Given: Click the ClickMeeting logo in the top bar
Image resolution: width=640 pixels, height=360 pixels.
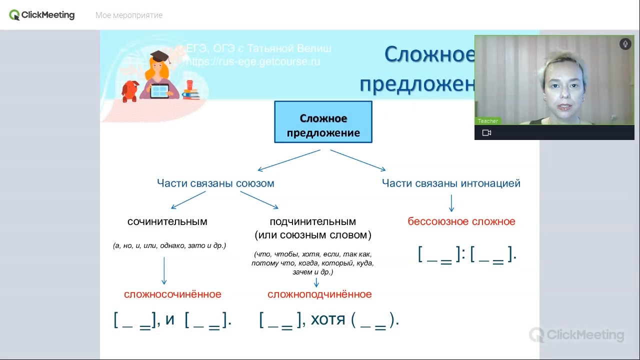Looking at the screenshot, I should pos(42,15).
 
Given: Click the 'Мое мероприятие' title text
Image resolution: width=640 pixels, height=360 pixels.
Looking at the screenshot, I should pos(129,15).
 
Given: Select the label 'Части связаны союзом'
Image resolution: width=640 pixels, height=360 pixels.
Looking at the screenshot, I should pos(215,183).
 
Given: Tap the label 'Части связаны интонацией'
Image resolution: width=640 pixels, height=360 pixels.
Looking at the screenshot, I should pos(451,183).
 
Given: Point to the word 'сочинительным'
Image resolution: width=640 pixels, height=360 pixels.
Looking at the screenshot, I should pos(167,221).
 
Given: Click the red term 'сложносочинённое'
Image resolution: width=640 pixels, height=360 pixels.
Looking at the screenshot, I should pos(172,294).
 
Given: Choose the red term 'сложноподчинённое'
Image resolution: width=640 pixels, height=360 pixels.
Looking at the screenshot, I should pos(319,294).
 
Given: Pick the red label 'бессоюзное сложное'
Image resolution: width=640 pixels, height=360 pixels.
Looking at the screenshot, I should pos(461,221).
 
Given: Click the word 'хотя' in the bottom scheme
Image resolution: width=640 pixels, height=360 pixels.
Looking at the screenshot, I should pos(328,319).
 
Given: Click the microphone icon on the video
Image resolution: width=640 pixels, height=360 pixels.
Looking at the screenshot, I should pos(625,44).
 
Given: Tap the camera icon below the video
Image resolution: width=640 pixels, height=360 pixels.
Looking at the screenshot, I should pos(486,133).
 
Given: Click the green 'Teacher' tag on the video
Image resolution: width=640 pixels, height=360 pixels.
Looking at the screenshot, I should pos(487,121).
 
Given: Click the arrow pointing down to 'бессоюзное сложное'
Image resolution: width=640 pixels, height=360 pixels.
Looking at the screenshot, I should pos(451,203).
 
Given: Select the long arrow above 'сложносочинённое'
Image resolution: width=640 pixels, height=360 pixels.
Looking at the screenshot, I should pos(164,270).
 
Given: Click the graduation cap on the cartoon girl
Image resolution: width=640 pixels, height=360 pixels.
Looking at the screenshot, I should pos(159,56).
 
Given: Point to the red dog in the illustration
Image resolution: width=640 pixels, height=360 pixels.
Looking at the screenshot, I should pos(130,90).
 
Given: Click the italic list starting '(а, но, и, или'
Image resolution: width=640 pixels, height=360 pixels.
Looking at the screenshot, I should pos(169,245).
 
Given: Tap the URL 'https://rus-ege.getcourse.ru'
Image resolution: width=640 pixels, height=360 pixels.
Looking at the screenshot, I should pos(252,62).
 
